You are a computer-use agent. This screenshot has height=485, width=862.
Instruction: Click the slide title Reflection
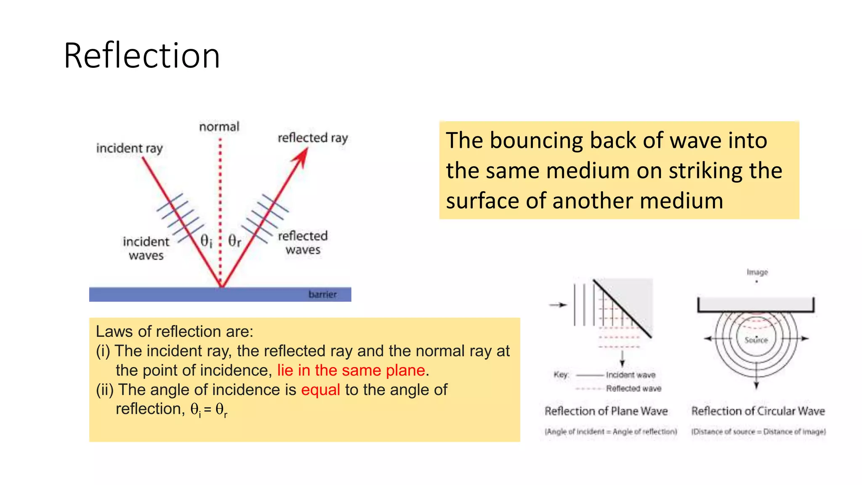click(x=142, y=56)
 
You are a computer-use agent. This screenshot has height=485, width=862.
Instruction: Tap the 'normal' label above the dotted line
click(x=219, y=127)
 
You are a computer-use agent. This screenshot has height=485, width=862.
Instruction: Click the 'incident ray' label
click(x=129, y=148)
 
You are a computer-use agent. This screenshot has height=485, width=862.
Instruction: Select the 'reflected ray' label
click(x=313, y=138)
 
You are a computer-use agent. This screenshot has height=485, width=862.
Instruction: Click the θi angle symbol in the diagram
click(x=206, y=241)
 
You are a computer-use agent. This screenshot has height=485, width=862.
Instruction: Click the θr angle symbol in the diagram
click(x=234, y=241)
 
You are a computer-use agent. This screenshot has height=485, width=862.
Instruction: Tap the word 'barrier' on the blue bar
click(x=322, y=294)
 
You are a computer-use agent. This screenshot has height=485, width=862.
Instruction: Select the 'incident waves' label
click(x=146, y=248)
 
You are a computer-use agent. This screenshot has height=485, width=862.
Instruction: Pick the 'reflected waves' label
click(x=303, y=242)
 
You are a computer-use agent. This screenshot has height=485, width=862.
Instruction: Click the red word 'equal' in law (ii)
click(x=320, y=390)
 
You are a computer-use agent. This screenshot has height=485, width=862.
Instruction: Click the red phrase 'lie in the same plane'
click(x=351, y=370)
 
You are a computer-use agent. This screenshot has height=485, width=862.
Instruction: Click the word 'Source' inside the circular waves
click(x=756, y=340)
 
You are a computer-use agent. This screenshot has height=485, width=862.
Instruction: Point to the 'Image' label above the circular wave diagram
click(x=757, y=272)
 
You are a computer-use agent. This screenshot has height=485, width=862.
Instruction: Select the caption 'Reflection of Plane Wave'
click(x=606, y=411)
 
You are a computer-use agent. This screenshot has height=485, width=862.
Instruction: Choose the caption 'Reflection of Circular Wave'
click(x=758, y=411)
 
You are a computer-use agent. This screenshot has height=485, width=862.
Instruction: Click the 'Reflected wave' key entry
click(x=633, y=389)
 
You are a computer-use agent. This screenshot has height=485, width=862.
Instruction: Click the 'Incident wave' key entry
click(x=631, y=375)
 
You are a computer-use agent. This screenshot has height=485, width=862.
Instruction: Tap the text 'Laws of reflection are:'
click(x=174, y=332)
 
